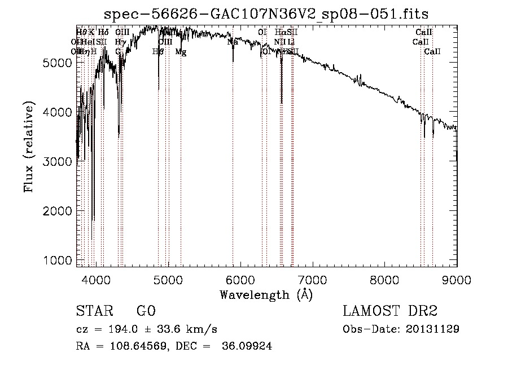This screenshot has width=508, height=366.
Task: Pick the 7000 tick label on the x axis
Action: (312, 280)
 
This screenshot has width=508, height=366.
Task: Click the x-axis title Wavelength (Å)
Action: (266, 294)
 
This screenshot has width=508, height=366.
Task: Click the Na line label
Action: (233, 42)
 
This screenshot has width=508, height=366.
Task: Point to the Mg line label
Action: (181, 52)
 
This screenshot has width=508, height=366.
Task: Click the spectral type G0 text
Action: (146, 312)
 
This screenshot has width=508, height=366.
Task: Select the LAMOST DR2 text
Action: (391, 312)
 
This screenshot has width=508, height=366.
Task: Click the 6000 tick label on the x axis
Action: (240, 280)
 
